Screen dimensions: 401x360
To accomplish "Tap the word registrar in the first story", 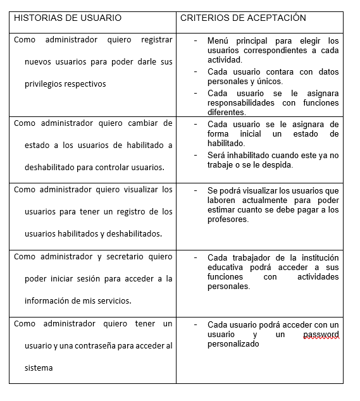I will click(156, 40).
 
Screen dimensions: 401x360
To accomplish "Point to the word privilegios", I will click(46, 83).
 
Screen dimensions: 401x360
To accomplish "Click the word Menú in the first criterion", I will click(218, 40).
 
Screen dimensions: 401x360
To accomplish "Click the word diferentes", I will click(226, 112).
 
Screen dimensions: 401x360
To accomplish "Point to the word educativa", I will click(226, 267).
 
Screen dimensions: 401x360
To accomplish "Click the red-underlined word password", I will click(321, 334).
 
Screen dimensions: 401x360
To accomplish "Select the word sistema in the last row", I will click(39, 367).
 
